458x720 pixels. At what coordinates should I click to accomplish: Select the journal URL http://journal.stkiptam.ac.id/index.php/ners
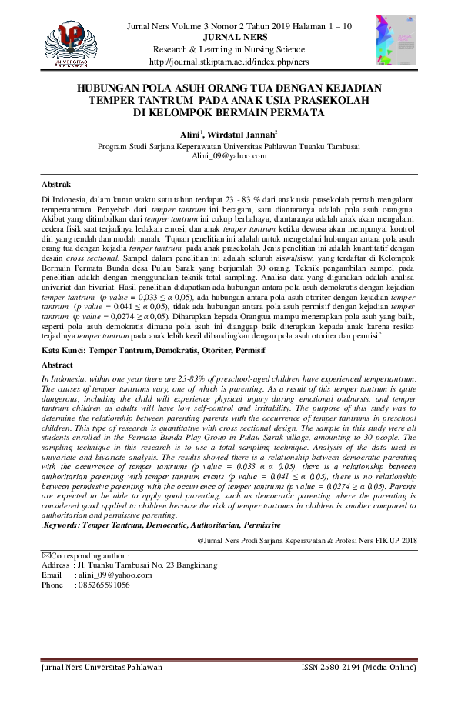[229, 62]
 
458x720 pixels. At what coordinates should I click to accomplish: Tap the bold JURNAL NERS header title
[229, 37]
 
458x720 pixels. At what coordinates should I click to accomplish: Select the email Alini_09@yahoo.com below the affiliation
[229, 155]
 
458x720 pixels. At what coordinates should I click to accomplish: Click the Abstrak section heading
[56, 185]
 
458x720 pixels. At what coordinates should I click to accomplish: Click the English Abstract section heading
[58, 365]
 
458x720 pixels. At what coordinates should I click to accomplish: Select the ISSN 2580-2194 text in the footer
[359, 668]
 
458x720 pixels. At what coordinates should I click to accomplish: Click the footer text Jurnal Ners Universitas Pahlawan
[102, 668]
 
